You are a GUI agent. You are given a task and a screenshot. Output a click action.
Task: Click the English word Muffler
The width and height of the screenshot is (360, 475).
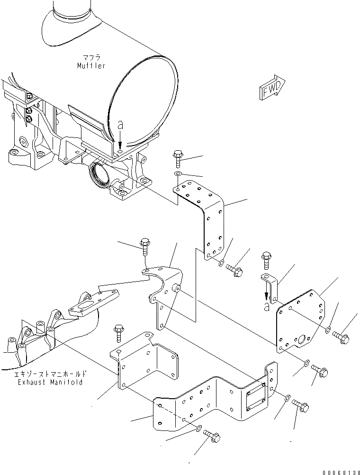pyautogui.click(x=92, y=66)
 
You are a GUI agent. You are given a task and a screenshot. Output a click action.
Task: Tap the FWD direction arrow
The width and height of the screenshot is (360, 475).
pyautogui.click(x=272, y=88)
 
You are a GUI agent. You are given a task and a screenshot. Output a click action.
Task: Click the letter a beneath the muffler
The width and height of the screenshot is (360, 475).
pyautogui.click(x=120, y=125)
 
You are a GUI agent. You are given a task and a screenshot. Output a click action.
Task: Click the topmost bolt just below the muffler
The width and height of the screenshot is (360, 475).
pyautogui.click(x=179, y=158)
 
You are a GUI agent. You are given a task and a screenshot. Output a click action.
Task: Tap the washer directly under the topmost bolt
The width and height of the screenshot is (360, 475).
pyautogui.click(x=178, y=175)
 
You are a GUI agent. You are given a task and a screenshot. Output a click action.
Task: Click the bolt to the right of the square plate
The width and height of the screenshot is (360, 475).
pyautogui.click(x=341, y=337)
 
